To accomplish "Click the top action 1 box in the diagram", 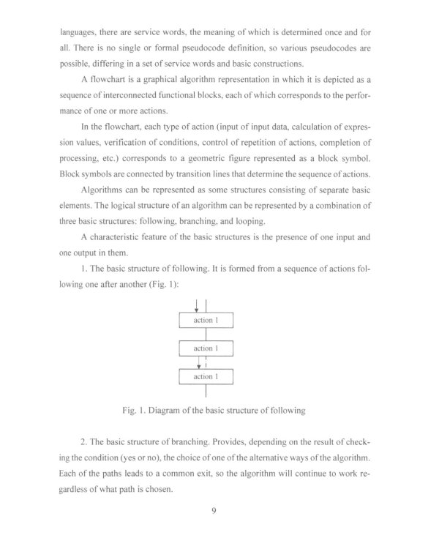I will click(x=206, y=321).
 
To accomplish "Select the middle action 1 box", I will click(x=206, y=348).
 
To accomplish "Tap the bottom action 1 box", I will click(x=206, y=377).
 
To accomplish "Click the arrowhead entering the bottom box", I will click(x=198, y=365).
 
